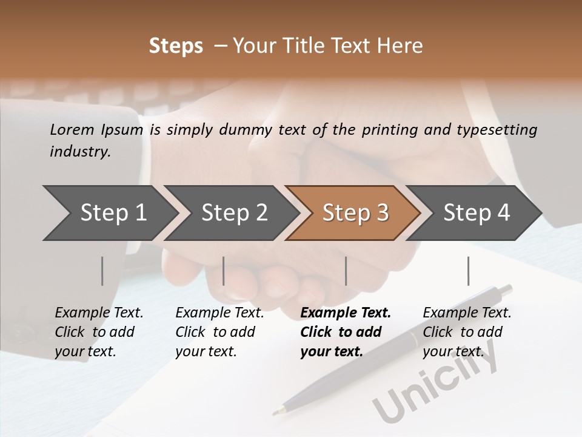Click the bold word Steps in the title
pyautogui.click(x=176, y=46)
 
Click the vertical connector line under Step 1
pyautogui.click(x=102, y=271)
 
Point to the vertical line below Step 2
pyautogui.click(x=224, y=271)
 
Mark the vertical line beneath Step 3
pyautogui.click(x=346, y=271)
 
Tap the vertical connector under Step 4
pyautogui.click(x=468, y=271)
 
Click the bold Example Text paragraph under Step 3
pyautogui.click(x=346, y=332)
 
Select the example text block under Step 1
pyautogui.click(x=99, y=332)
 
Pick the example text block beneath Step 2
pyautogui.click(x=219, y=332)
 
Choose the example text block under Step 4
pyautogui.click(x=467, y=332)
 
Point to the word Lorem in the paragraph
pyautogui.click(x=72, y=130)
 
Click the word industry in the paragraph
pyautogui.click(x=79, y=152)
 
